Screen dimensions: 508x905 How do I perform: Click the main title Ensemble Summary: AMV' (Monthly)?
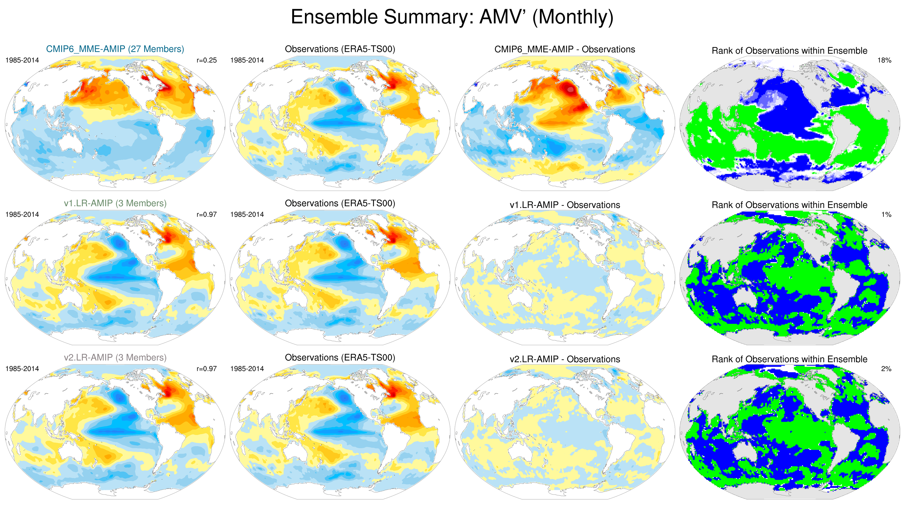click(x=452, y=17)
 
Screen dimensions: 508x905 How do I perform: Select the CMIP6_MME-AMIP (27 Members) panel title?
click(x=115, y=49)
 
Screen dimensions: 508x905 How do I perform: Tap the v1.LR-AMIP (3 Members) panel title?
click(x=115, y=203)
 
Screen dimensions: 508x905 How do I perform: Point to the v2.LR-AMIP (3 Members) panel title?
click(x=115, y=358)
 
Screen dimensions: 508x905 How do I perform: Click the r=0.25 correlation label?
click(x=207, y=60)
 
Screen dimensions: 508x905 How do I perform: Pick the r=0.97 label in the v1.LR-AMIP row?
click(x=207, y=215)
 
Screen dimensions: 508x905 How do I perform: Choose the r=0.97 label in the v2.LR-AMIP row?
click(x=207, y=369)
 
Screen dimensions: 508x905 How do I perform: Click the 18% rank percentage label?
click(x=884, y=60)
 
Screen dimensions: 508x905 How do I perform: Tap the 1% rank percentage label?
click(x=886, y=215)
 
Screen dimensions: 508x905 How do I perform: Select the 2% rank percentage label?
click(x=886, y=369)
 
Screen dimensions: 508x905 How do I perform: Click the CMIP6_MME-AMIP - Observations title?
click(x=565, y=49)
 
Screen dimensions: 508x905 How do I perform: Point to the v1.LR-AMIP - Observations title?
click(x=565, y=205)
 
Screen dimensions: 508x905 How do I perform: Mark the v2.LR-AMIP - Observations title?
click(x=565, y=359)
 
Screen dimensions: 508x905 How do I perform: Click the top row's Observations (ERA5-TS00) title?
click(x=340, y=49)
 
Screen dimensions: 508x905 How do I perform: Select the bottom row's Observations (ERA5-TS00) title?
click(x=340, y=358)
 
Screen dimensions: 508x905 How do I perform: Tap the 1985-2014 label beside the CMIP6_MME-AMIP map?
click(x=22, y=60)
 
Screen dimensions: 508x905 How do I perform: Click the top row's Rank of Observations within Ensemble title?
click(x=789, y=51)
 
